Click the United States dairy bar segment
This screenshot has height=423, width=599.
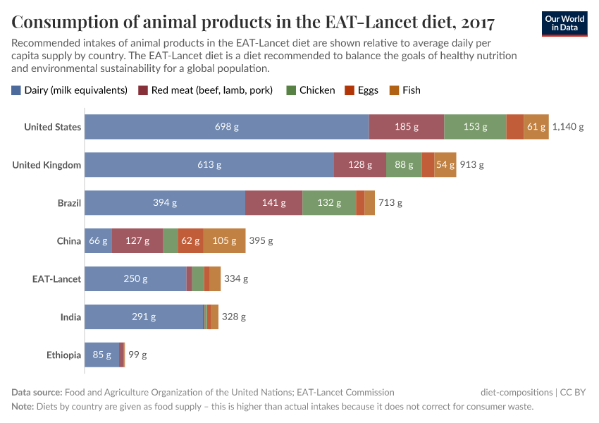[x=226, y=127]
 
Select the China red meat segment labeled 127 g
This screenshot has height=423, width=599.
[x=137, y=241]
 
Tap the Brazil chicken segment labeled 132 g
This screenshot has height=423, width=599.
[x=329, y=203]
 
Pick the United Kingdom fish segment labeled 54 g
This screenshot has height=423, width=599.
[x=445, y=165]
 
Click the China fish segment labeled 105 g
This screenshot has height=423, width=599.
[x=224, y=241]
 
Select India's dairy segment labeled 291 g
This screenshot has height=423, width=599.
[x=144, y=317]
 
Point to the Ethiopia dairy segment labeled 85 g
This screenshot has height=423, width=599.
[x=101, y=355]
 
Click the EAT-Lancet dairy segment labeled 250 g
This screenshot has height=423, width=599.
[x=135, y=279]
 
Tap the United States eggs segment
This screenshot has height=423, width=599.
[x=514, y=127]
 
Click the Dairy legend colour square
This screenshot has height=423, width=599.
[x=16, y=90]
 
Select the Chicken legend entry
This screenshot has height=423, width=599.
[x=310, y=90]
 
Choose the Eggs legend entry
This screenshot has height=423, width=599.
[x=361, y=90]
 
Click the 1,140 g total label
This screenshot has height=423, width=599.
[x=568, y=127]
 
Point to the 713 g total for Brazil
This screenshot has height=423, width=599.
[x=390, y=203]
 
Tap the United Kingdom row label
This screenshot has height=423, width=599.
[x=47, y=165]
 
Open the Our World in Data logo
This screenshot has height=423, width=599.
[x=564, y=23]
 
